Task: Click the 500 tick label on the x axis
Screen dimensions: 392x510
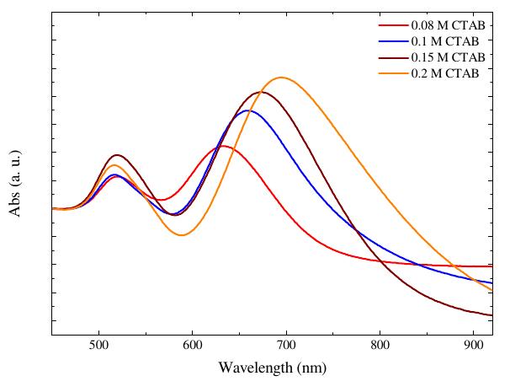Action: click(x=99, y=346)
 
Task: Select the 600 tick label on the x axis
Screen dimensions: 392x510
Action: click(x=193, y=346)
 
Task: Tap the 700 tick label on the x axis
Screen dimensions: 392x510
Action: click(x=286, y=346)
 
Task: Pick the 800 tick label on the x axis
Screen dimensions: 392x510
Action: click(x=380, y=346)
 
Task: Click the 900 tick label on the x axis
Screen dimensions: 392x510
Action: click(x=474, y=346)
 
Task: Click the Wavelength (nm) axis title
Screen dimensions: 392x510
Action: click(x=272, y=368)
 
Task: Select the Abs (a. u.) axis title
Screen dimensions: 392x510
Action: click(x=15, y=185)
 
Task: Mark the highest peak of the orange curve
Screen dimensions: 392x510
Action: click(x=282, y=78)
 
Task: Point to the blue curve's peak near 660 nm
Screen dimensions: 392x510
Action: click(x=247, y=110)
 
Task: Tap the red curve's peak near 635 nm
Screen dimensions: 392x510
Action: click(x=223, y=146)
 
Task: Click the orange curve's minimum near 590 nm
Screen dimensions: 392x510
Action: click(x=181, y=235)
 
